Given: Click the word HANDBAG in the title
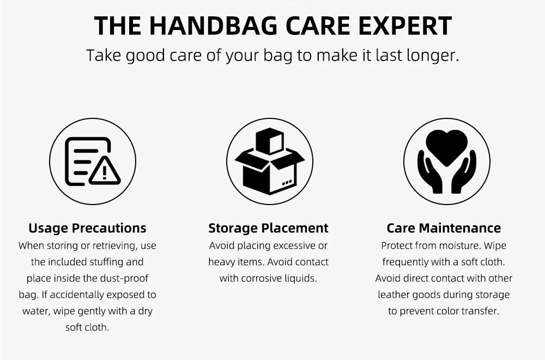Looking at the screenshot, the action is [x=214, y=26].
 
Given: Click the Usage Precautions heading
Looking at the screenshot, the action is [x=87, y=228].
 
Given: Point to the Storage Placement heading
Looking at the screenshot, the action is [x=268, y=228].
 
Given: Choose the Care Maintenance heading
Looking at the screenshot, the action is [x=444, y=228].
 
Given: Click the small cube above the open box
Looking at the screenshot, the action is [x=269, y=141].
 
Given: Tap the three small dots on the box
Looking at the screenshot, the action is [x=287, y=183].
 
